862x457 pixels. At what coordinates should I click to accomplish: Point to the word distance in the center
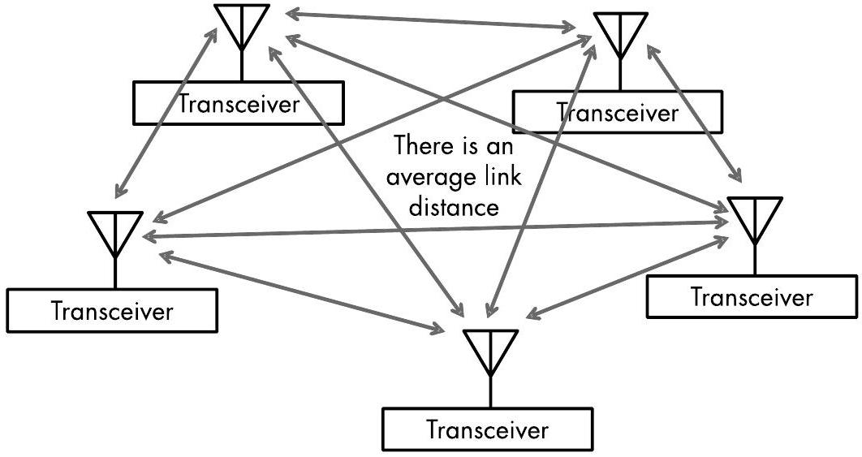[454, 206]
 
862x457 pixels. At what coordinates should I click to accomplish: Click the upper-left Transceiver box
[239, 103]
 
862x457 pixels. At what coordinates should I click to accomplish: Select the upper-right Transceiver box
[617, 111]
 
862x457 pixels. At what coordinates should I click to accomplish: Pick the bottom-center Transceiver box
[487, 429]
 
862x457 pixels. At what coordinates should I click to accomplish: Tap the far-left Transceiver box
[112, 310]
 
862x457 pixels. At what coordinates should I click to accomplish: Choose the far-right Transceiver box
[752, 296]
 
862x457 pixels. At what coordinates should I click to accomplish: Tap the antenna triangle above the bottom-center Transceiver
[489, 348]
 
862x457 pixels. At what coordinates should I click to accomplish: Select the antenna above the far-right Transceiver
[755, 216]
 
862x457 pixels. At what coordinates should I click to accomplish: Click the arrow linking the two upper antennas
[431, 22]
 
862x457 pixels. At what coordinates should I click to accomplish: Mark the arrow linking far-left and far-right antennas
[434, 228]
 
